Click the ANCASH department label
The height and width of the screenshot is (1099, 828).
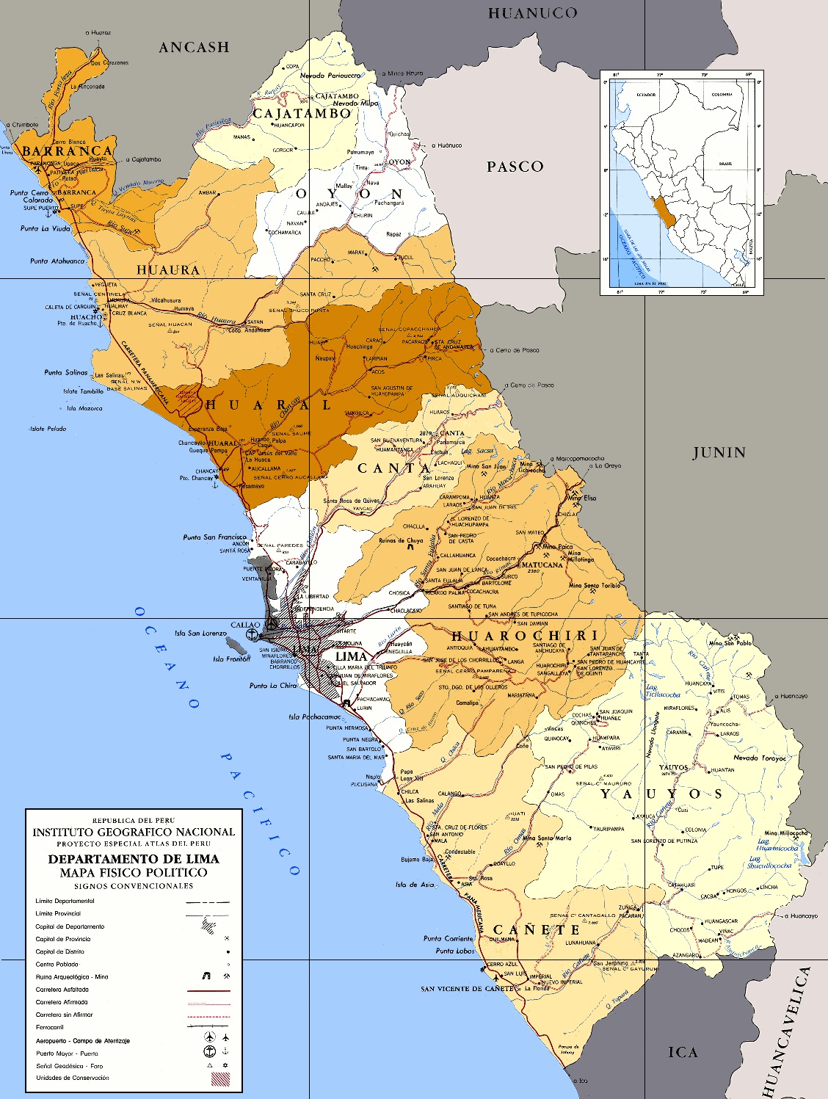coord(195,47)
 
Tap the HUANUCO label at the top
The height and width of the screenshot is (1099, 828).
coord(533,13)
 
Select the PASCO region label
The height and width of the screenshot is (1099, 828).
coord(515,167)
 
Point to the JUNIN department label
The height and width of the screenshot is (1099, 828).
coord(719,453)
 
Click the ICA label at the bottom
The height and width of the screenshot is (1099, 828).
coord(683,1052)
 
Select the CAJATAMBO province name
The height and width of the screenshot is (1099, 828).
coord(302,114)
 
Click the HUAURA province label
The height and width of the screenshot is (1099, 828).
coord(168,270)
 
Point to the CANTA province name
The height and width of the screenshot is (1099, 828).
coord(394,468)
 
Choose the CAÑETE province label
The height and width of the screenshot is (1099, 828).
coord(536,930)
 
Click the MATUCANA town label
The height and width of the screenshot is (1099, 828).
coord(542,565)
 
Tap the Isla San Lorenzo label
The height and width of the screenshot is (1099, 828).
coord(200,633)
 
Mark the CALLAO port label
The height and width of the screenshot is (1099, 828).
coord(245,625)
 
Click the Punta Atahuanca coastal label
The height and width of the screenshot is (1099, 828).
coord(57,261)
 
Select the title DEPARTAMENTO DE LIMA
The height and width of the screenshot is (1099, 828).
coord(134,858)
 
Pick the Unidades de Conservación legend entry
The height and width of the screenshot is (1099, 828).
coord(72,1078)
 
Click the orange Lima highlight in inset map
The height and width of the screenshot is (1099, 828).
coord(664,211)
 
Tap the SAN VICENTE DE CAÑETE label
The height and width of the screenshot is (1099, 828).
coord(467,989)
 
